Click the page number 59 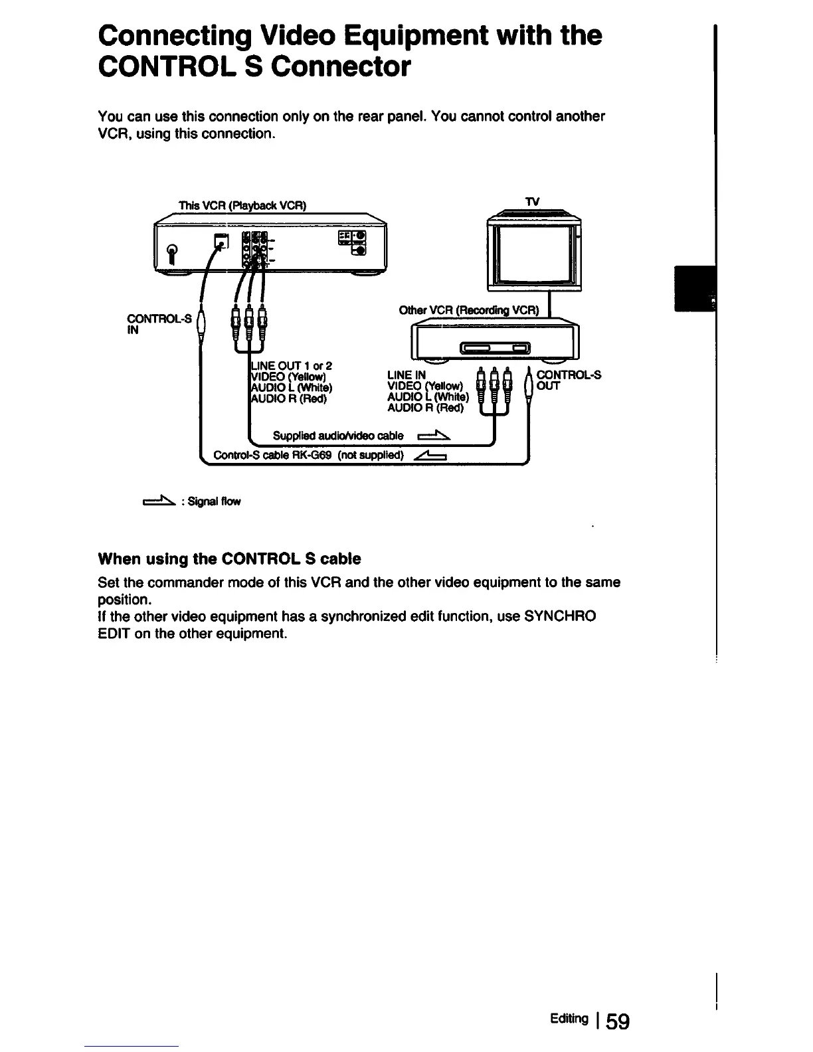coord(617,1020)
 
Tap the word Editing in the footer coord(569,1019)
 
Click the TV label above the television coord(531,201)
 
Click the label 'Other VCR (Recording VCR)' coord(470,311)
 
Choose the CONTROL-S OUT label coord(568,380)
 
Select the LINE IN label coord(406,375)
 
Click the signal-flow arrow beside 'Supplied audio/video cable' coord(434,436)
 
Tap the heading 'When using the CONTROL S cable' coord(229,559)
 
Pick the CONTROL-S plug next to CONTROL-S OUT coord(529,385)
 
